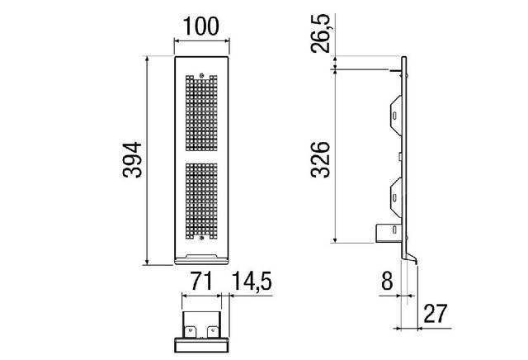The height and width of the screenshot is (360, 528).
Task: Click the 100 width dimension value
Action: click(202, 26)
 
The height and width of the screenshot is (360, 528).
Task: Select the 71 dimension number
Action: click(201, 281)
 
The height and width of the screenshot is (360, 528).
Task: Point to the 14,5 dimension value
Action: click(252, 281)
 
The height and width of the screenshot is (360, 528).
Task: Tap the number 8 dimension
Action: click(386, 281)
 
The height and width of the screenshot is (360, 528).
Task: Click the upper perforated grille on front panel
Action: click(202, 114)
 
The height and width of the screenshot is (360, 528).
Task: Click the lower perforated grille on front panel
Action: click(202, 197)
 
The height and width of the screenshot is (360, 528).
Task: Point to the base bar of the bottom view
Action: click(201, 345)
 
